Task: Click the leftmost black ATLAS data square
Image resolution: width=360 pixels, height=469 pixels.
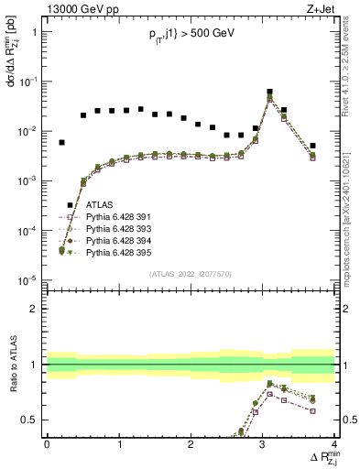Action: [x=61, y=143]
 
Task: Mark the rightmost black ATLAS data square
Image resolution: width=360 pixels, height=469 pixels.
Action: [x=312, y=146]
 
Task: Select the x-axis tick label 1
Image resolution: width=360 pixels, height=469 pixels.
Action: [x=119, y=444]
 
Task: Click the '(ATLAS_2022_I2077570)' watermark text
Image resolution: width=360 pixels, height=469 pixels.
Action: [x=191, y=273]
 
